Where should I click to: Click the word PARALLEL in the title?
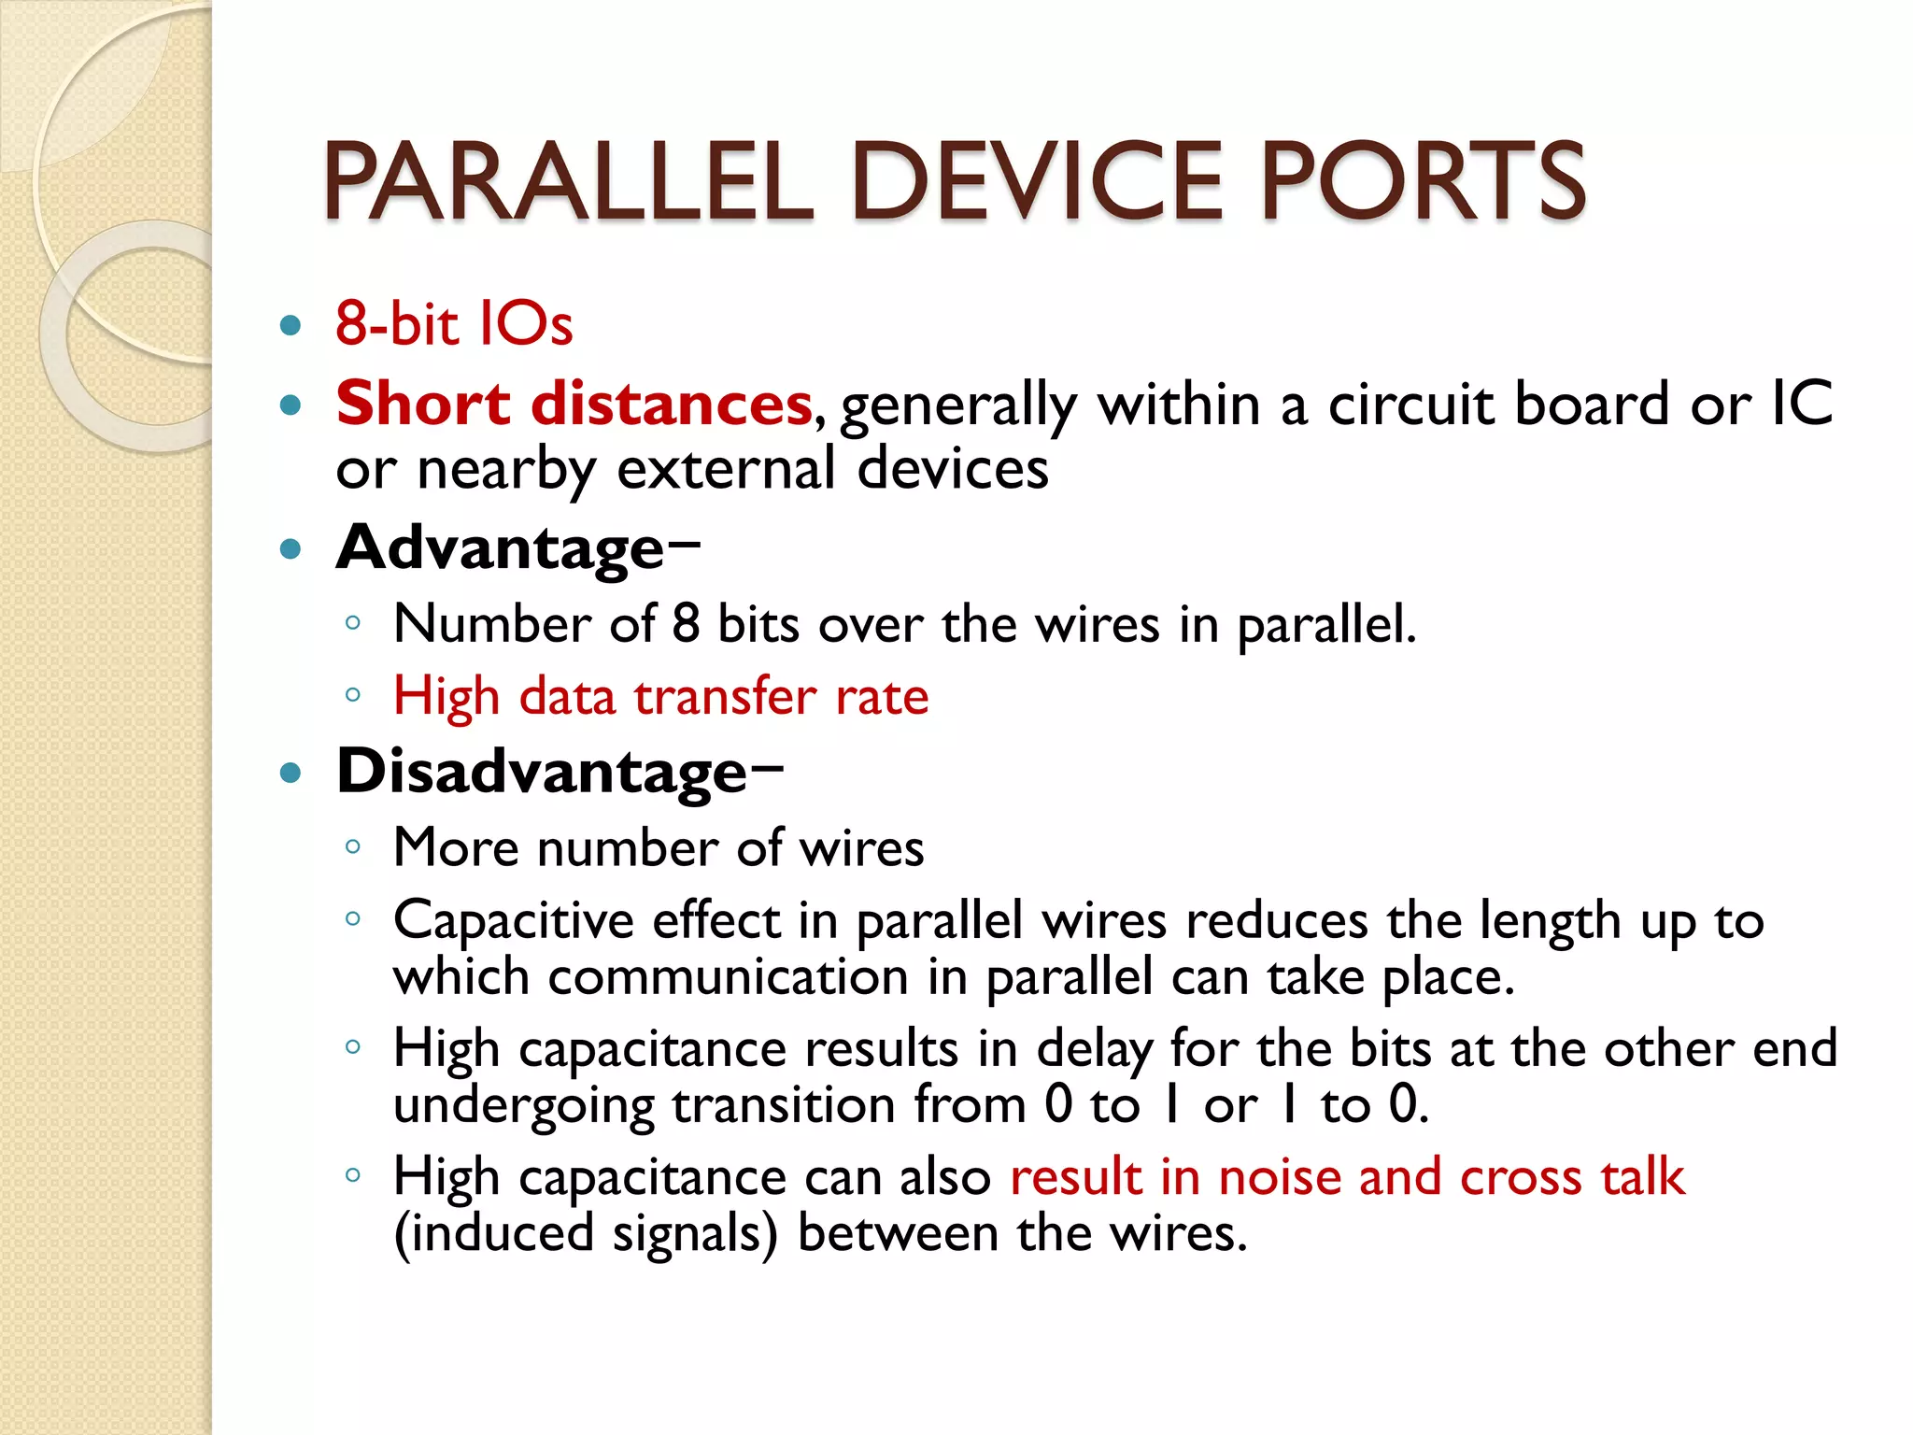[568, 181]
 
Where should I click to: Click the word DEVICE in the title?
[1037, 181]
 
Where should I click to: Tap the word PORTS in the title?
[1423, 181]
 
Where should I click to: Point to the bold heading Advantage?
[500, 547]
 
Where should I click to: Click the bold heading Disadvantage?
[542, 773]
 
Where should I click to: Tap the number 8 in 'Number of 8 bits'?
[686, 623]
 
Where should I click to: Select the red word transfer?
[725, 696]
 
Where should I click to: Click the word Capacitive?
[513, 921]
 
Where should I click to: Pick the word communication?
[729, 977]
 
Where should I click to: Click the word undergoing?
[523, 1106]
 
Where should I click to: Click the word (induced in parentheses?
[494, 1233]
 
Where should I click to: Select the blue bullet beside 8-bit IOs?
[291, 326]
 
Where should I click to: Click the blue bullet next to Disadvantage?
[291, 774]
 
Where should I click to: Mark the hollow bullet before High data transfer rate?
[352, 695]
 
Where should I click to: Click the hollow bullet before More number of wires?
[352, 847]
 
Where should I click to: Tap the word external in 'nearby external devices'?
[726, 468]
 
